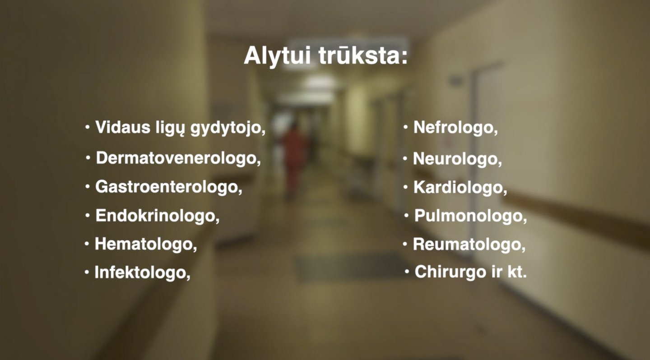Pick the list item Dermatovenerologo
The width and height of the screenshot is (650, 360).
[178, 158]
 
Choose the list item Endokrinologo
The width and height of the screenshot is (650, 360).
[157, 216]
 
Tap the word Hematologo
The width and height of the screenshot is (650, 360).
[146, 244]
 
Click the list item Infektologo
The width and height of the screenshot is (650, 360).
[142, 272]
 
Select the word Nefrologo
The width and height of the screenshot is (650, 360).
[455, 128]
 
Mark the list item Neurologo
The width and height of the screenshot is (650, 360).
[457, 159]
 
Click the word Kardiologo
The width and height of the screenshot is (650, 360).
[460, 187]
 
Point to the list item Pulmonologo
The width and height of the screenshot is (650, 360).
[470, 216]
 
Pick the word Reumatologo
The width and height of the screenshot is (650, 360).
[469, 245]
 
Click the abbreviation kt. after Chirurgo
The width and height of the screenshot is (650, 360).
[517, 272]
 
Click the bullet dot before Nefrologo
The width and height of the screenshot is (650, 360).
[406, 127]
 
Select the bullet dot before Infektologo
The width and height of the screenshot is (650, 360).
[87, 272]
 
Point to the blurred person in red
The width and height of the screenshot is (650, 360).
[294, 160]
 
